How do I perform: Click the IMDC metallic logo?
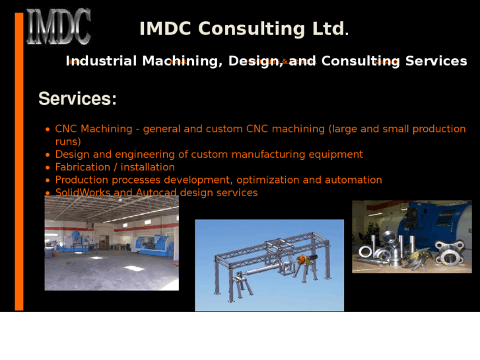58,27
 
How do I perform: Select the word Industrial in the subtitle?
102,61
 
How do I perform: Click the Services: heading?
77,99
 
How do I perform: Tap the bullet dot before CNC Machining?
48,130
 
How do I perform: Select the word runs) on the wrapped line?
68,141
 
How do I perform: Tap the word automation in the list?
353,180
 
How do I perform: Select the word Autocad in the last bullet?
156,193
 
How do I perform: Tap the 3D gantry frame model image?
269,265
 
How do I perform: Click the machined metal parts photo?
411,236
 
